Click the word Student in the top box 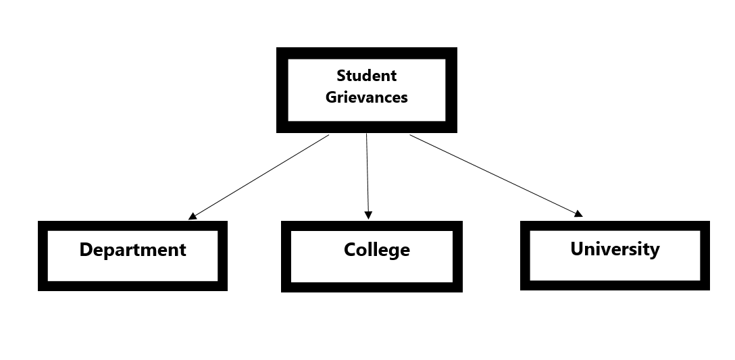366,76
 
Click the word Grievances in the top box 366,97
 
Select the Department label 132,250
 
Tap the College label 376,250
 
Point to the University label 615,249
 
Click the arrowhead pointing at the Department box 193,216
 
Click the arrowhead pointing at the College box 368,215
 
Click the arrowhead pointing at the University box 578,214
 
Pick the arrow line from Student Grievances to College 367,176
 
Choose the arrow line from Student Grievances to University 493,174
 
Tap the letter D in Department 86,250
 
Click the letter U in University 577,249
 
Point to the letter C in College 350,250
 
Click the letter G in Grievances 331,97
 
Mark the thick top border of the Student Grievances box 366,53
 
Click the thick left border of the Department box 43,256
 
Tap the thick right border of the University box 705,255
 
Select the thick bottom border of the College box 372,287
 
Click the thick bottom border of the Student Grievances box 366,127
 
